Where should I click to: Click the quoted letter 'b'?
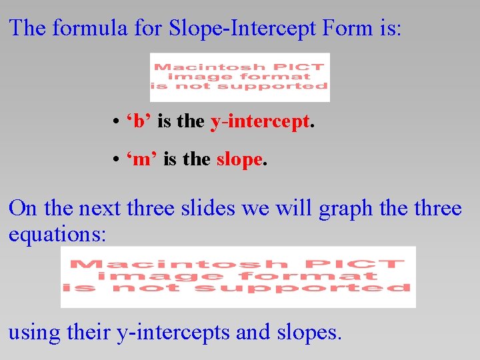[x=139, y=121]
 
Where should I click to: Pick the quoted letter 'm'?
[x=142, y=160]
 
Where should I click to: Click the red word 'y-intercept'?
[x=259, y=121]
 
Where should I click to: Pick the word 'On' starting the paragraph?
[x=23, y=209]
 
